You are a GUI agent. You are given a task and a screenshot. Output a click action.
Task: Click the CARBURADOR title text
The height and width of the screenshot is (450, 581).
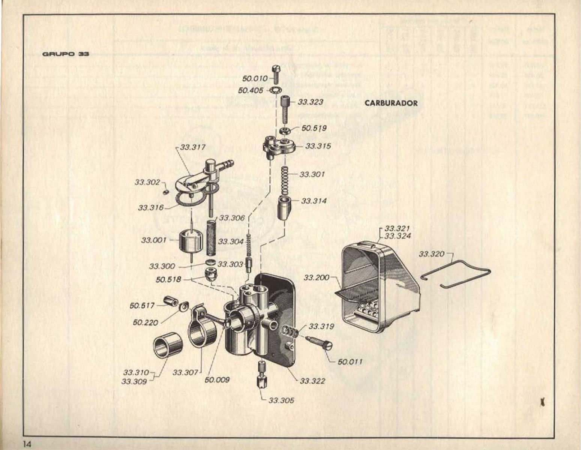pos(391,103)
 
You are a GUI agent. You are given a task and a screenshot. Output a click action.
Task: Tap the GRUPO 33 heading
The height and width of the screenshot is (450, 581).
pos(66,54)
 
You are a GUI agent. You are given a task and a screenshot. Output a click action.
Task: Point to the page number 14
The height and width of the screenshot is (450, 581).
pos(27,444)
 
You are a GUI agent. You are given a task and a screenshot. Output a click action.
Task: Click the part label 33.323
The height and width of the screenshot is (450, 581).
pos(311,102)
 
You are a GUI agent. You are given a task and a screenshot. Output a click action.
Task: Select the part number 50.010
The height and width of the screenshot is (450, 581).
pos(255,79)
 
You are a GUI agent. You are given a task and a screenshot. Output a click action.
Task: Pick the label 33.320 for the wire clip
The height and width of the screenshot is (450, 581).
pos(431,254)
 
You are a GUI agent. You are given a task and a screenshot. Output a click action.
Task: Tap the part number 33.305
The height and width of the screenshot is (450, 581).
pos(281,400)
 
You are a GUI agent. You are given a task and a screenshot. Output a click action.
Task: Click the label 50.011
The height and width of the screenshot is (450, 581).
pos(350,362)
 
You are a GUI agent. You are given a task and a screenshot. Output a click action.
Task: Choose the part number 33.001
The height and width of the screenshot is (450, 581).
pos(154,240)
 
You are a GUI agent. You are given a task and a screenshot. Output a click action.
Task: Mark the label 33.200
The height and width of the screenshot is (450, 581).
pos(316,277)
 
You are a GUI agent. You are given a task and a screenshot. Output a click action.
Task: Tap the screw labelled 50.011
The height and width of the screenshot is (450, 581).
pos(319,343)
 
